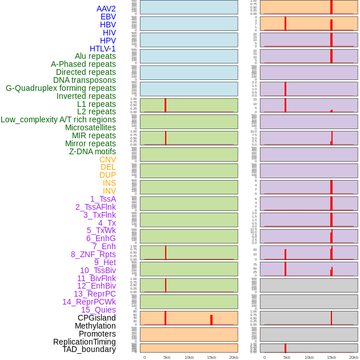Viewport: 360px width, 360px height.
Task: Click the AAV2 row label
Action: click(106, 9)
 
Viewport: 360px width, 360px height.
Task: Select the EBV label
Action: click(108, 17)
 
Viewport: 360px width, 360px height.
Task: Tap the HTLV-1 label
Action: click(103, 49)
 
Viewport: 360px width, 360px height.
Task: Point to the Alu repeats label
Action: click(95, 56)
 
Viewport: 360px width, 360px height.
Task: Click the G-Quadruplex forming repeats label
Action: click(61, 88)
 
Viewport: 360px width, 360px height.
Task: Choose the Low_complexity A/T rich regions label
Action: click(58, 119)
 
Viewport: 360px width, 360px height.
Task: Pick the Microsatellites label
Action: click(90, 127)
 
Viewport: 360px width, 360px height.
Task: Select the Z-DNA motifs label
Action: click(93, 151)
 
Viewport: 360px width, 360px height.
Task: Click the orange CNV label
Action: click(107, 159)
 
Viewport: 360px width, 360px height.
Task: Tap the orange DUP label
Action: click(107, 175)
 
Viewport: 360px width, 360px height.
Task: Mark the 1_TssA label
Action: click(103, 199)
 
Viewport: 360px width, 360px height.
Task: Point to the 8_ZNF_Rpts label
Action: click(93, 254)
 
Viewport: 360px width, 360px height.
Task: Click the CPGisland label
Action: click(97, 318)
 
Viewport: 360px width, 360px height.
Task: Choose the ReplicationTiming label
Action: click(84, 342)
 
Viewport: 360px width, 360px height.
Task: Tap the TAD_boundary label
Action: click(89, 349)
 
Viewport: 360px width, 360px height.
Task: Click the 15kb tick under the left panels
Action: click(211, 357)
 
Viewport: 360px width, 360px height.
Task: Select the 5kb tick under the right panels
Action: click(287, 357)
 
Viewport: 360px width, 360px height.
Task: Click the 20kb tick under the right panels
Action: click(354, 357)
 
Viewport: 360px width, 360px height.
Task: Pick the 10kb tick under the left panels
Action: click(189, 357)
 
